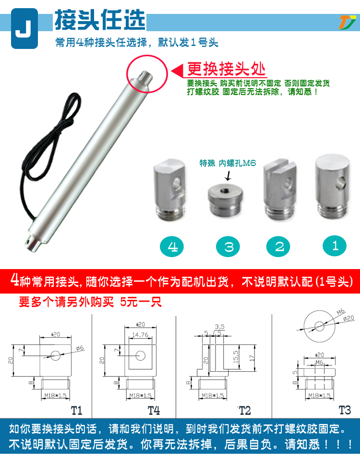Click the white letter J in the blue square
(x=24, y=28)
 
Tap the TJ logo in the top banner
(x=347, y=23)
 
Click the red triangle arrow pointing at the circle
(x=177, y=71)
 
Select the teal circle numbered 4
(x=172, y=247)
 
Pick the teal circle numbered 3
(x=228, y=247)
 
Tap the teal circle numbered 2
(x=278, y=247)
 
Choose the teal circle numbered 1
(x=335, y=246)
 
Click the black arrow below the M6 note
(x=228, y=176)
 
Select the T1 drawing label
(x=77, y=411)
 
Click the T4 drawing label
(x=154, y=411)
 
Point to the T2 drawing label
(x=245, y=411)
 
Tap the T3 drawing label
(x=345, y=410)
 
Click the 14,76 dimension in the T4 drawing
(x=140, y=335)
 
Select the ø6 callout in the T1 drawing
(x=80, y=348)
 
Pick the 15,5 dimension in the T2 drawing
(x=236, y=357)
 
